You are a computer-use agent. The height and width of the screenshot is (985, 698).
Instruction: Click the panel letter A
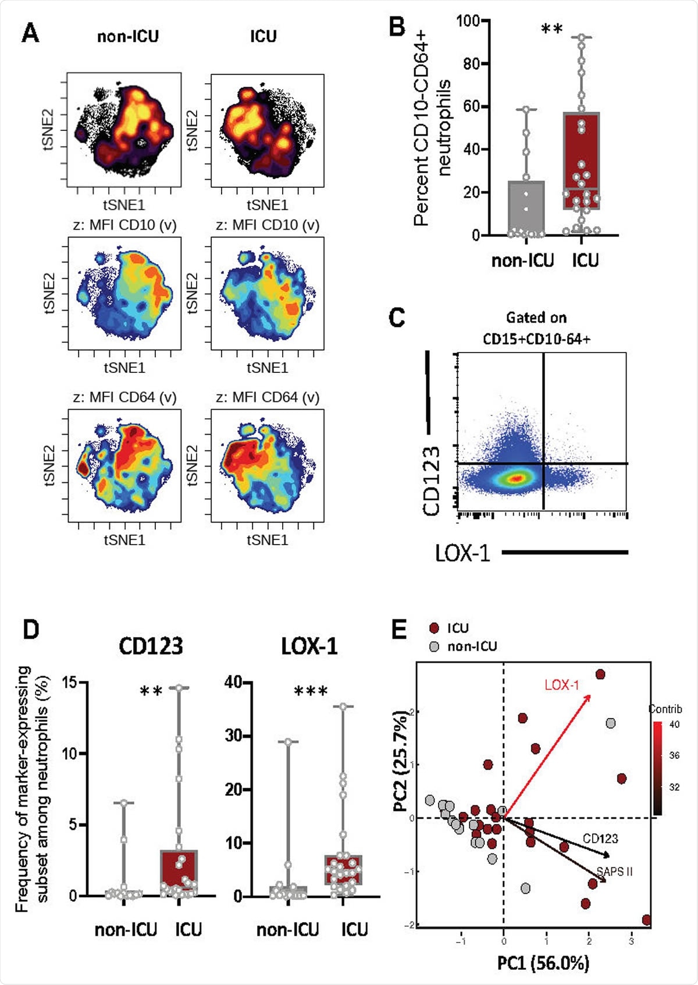tap(30, 33)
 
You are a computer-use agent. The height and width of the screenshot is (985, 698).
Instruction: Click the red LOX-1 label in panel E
tap(562, 685)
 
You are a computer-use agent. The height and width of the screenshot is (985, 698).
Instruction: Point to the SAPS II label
tap(615, 872)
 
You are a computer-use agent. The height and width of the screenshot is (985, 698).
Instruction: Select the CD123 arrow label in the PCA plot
tap(600, 838)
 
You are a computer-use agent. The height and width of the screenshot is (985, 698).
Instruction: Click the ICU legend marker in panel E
tap(434, 628)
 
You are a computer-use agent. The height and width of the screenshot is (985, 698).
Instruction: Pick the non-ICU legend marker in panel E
tap(434, 646)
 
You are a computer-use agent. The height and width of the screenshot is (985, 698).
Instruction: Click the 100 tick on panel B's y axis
tap(468, 22)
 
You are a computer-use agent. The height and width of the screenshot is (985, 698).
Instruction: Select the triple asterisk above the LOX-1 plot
tap(311, 692)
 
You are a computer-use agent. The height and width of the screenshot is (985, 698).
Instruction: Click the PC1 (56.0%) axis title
tap(543, 963)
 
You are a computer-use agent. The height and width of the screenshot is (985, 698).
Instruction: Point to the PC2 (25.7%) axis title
tap(401, 762)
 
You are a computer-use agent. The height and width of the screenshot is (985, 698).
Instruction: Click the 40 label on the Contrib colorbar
tap(674, 724)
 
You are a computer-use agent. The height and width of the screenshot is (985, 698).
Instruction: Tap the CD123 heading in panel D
tap(151, 646)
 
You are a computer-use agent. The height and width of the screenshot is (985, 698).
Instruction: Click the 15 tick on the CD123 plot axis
tap(70, 682)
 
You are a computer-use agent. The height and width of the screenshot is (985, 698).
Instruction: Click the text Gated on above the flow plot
tap(536, 318)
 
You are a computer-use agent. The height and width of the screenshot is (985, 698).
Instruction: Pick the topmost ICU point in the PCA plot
tap(600, 674)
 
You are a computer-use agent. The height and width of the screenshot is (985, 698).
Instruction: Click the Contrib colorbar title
tap(665, 709)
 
